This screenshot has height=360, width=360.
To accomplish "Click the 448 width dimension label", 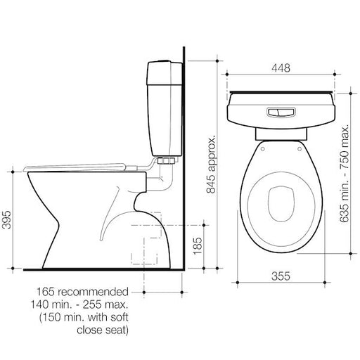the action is [x=281, y=68].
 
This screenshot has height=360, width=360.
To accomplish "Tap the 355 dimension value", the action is [x=281, y=276].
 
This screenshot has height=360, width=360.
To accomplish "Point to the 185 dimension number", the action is [x=198, y=246].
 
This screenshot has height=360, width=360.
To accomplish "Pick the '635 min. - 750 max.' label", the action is [x=345, y=173].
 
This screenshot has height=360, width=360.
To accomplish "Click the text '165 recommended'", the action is [x=82, y=292].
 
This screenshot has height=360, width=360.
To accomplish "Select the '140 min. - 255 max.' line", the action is [x=79, y=304].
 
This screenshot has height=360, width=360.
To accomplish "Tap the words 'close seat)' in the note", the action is [x=103, y=330].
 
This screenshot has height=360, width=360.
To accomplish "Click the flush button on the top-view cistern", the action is [x=281, y=112].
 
